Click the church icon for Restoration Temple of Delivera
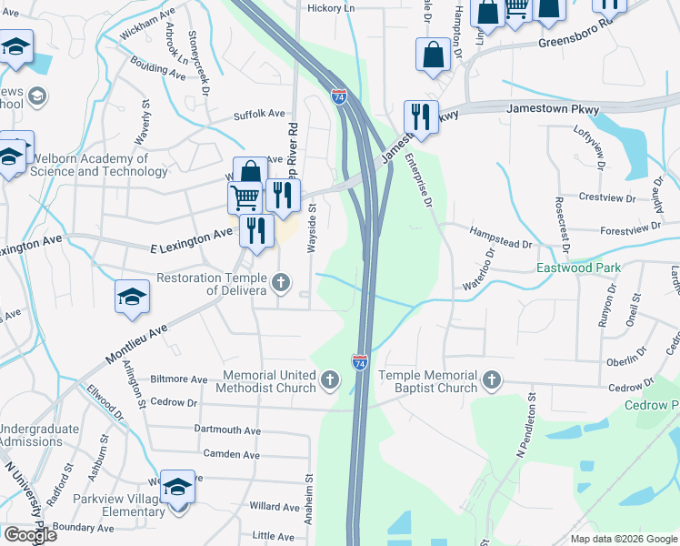(x=281, y=283)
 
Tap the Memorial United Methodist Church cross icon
(x=330, y=379)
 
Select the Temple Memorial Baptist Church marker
(x=492, y=379)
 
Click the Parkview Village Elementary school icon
(x=178, y=488)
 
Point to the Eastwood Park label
(x=576, y=268)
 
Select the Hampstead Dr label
(x=501, y=244)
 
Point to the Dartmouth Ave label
(x=227, y=430)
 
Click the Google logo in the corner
(x=30, y=535)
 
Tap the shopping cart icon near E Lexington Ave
(x=244, y=197)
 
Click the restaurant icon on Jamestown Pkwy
(x=420, y=116)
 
